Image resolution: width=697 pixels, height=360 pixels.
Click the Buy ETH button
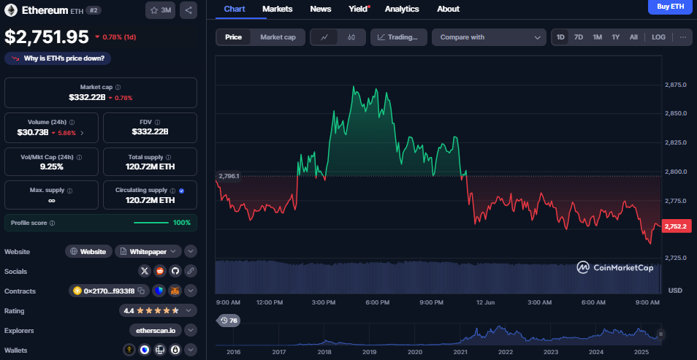click(670, 7)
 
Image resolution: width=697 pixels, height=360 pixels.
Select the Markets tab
click(277, 9)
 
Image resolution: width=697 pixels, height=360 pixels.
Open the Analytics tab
click(402, 9)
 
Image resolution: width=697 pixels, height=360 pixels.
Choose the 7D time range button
click(578, 37)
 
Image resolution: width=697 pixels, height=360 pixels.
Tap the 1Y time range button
click(615, 37)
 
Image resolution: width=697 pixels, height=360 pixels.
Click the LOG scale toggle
click(658, 37)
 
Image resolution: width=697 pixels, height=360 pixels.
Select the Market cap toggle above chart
click(278, 37)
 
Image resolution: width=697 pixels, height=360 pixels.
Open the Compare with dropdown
click(489, 37)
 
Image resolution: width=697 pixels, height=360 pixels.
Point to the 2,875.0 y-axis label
click(676, 85)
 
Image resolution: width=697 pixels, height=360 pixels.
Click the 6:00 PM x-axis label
click(378, 302)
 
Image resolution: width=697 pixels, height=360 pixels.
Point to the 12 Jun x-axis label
click(485, 302)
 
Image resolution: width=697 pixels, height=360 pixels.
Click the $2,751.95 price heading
click(47, 37)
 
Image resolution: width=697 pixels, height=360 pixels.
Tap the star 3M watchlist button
click(160, 10)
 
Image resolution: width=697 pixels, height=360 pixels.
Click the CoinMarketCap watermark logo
click(615, 267)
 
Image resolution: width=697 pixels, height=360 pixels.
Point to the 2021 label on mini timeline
click(460, 351)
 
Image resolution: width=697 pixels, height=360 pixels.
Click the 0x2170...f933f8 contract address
click(104, 291)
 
